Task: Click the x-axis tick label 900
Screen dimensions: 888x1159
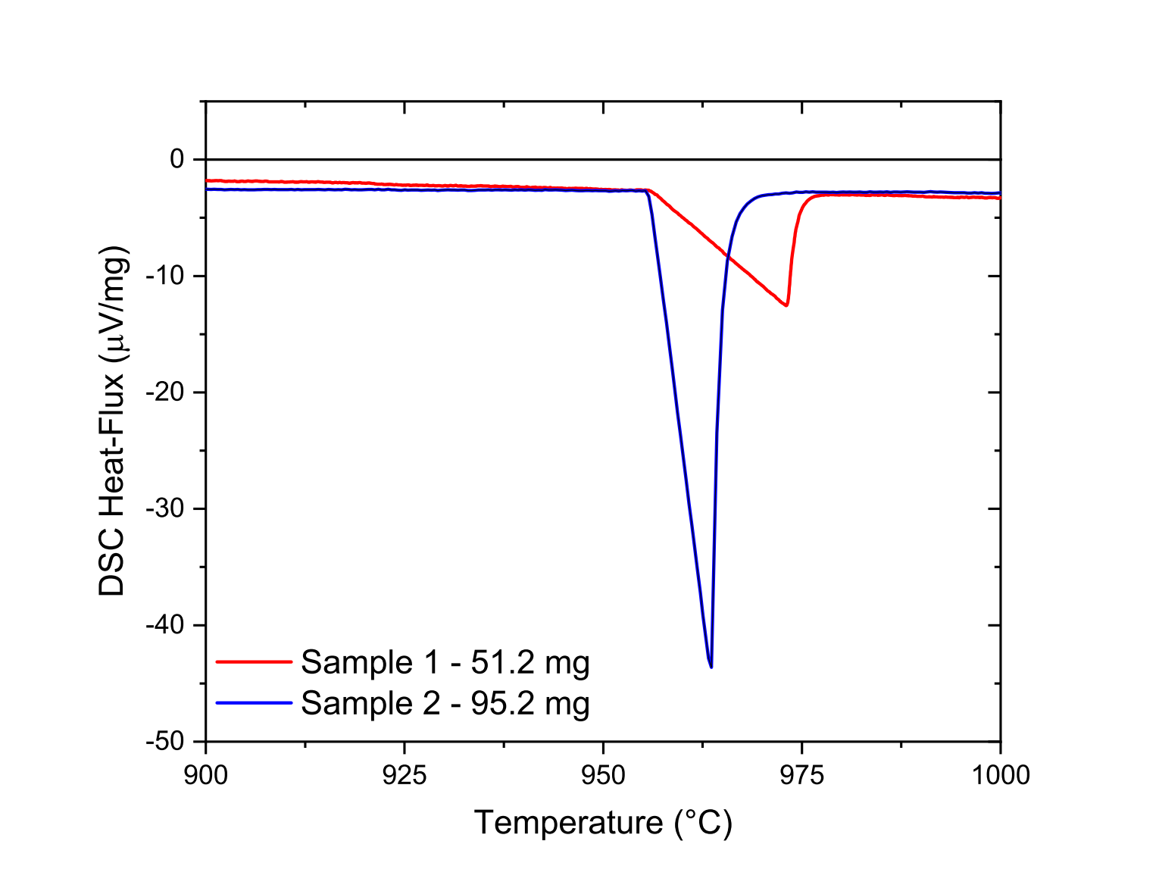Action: (x=205, y=775)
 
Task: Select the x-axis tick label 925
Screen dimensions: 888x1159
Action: (x=405, y=775)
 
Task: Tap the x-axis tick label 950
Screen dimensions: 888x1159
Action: (x=603, y=775)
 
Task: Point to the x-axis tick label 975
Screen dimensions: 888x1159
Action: (x=801, y=775)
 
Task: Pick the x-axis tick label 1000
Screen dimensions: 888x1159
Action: (x=1000, y=775)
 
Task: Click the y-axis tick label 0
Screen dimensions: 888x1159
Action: (x=177, y=159)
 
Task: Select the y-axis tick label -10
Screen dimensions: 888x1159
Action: (x=167, y=276)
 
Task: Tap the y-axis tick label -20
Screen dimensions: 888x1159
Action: (x=167, y=392)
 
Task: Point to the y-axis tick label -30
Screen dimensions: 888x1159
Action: (x=167, y=508)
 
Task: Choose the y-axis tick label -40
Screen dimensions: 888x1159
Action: (x=167, y=625)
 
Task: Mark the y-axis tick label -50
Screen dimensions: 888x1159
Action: (x=167, y=742)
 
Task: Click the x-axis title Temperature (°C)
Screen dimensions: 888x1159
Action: (x=603, y=823)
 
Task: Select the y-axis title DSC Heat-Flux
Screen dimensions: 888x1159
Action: (x=114, y=421)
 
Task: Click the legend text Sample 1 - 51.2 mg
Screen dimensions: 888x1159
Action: (x=445, y=662)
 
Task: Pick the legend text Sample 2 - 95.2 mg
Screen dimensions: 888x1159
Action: (x=445, y=703)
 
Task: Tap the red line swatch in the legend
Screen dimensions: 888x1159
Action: (x=254, y=661)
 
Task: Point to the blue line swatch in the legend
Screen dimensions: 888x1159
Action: (x=254, y=703)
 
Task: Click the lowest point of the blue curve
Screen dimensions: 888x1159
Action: (x=711, y=667)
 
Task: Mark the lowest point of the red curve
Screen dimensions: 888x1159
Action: (x=787, y=305)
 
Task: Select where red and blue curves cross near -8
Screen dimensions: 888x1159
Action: (x=728, y=256)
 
